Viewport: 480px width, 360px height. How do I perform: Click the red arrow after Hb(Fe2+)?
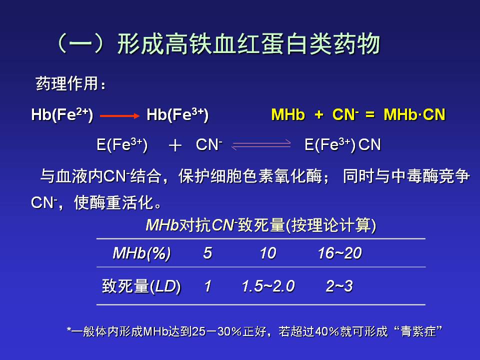[119, 115]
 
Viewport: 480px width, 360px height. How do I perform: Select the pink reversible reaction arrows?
[261, 145]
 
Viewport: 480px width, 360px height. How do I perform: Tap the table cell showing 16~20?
[339, 253]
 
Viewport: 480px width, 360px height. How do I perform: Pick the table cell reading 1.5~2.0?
[268, 286]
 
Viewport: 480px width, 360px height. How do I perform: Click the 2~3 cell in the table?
[339, 286]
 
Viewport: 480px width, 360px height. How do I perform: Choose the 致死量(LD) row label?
[141, 286]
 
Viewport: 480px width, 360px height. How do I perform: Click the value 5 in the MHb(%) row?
[207, 253]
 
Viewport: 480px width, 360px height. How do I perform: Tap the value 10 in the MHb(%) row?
[268, 253]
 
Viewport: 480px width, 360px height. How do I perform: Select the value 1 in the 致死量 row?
[208, 286]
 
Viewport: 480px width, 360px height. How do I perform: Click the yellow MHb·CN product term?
[414, 115]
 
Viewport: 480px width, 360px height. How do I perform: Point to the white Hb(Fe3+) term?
[177, 115]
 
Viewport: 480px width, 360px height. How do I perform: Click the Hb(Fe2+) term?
[62, 115]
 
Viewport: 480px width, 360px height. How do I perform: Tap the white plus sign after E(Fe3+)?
[175, 145]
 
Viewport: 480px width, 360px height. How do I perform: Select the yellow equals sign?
[370, 115]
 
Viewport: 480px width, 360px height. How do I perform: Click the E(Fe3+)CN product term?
[342, 145]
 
